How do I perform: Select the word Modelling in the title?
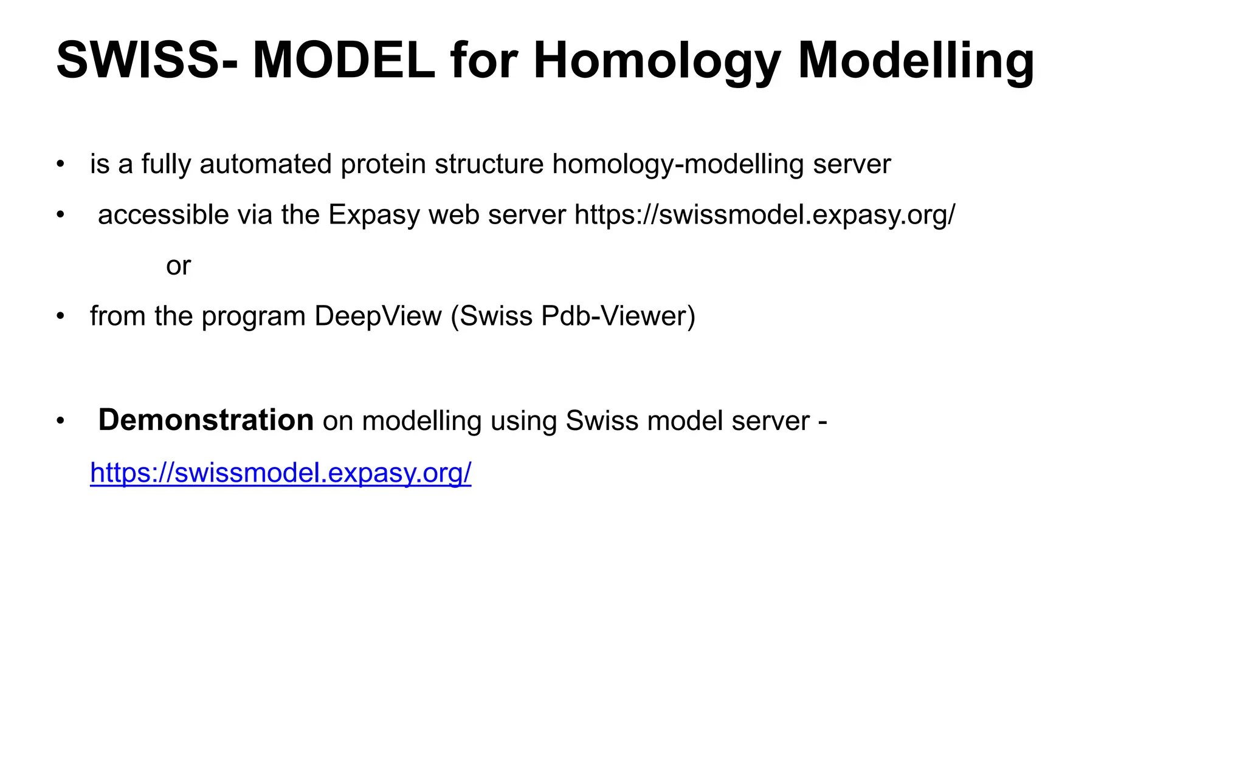(916, 60)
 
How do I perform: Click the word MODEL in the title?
(343, 60)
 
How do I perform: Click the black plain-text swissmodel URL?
(765, 215)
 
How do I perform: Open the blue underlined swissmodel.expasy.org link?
(280, 473)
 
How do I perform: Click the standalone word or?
(178, 266)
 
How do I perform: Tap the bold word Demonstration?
(205, 420)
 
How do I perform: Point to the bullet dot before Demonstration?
(60, 421)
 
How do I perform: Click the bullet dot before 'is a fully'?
(60, 165)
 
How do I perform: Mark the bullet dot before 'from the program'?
(60, 316)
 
